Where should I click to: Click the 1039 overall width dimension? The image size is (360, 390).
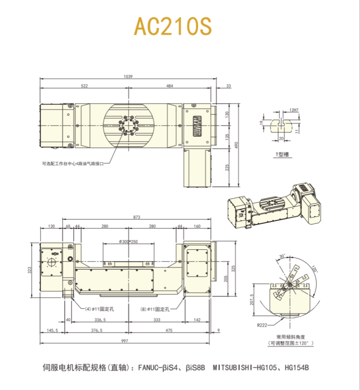click(128, 76)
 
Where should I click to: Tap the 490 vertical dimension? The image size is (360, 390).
click(237, 145)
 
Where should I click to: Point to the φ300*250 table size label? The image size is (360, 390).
click(128, 241)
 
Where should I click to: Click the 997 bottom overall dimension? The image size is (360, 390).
click(125, 341)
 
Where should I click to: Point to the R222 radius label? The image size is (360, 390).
click(262, 325)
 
